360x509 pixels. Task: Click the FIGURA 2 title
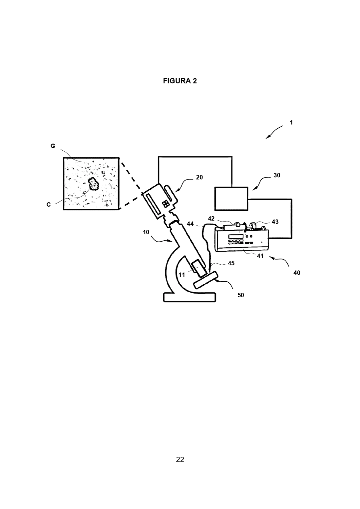[x=180, y=81]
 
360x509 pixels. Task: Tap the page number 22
[x=180, y=459]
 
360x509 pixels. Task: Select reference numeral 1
[x=291, y=123]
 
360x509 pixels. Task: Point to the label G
[x=53, y=146]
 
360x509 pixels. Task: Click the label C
[x=49, y=205]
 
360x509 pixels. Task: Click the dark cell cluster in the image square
[x=93, y=184]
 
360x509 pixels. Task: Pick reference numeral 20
[x=199, y=177]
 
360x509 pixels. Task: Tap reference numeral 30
[x=277, y=175]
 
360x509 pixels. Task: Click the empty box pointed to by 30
[x=231, y=199]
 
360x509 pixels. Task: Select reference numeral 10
[x=146, y=232]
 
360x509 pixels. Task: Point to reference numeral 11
[x=182, y=275]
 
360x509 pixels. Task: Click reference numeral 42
[x=211, y=219]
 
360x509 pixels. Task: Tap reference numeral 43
[x=275, y=222]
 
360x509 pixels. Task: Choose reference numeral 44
[x=190, y=224]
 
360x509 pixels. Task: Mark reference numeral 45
[x=231, y=263]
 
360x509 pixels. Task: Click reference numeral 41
[x=260, y=256]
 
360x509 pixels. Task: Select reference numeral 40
[x=297, y=273]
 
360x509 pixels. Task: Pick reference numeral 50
[x=241, y=295]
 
